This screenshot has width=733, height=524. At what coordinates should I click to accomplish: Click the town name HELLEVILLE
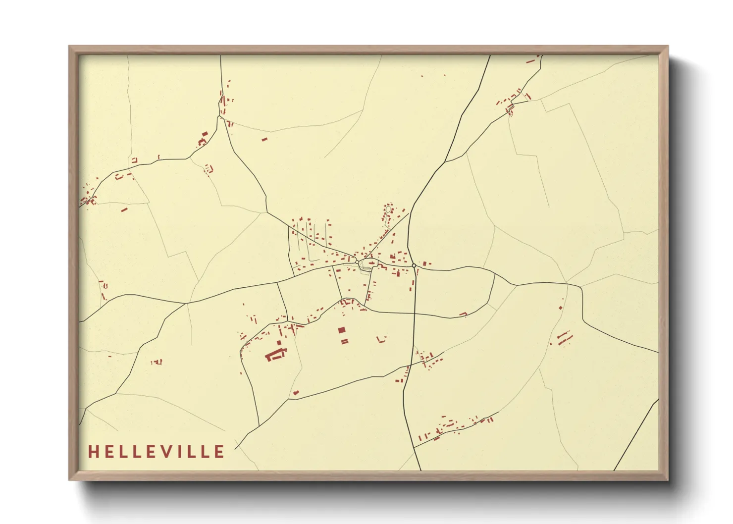(x=156, y=451)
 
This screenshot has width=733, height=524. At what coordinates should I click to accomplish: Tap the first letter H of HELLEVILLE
(x=93, y=451)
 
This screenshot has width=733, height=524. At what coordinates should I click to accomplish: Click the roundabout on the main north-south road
(x=414, y=265)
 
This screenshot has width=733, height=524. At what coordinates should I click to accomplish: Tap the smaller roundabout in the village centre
(x=357, y=261)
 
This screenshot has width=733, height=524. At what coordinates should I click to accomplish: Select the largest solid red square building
(x=341, y=330)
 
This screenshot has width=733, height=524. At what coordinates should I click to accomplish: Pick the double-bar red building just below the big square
(x=344, y=341)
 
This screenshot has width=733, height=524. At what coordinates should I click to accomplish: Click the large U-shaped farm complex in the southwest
(x=276, y=354)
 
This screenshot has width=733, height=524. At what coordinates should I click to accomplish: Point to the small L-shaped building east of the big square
(x=381, y=339)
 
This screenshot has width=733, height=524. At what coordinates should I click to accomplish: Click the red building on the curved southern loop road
(x=463, y=314)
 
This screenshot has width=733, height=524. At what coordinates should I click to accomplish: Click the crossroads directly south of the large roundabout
(x=415, y=314)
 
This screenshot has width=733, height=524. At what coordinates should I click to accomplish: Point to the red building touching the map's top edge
(x=538, y=56)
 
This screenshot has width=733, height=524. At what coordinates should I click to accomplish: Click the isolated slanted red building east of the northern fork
(x=264, y=139)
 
